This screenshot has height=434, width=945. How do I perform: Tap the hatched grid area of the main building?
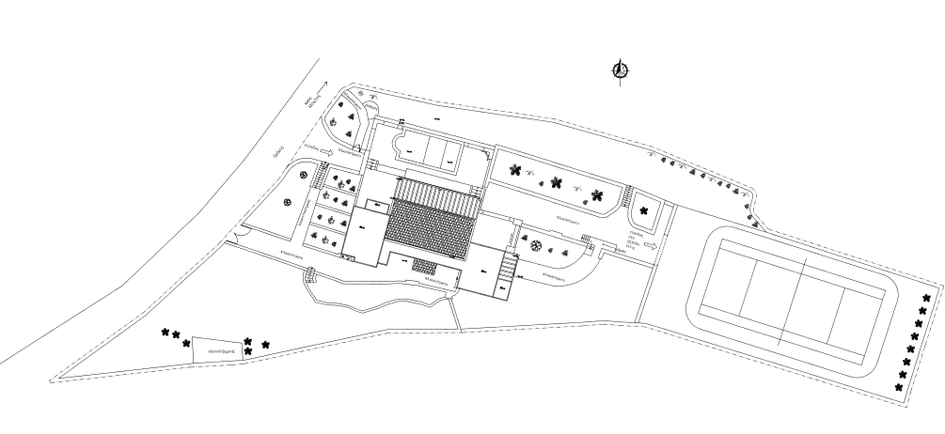pyautogui.click(x=432, y=227)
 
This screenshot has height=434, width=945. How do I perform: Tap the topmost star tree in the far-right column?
pyautogui.click(x=925, y=299)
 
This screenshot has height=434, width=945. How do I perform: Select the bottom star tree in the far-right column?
pyautogui.click(x=900, y=387)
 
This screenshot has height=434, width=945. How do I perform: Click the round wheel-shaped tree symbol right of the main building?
pyautogui.click(x=536, y=246)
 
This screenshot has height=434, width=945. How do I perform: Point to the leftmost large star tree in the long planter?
pyautogui.click(x=514, y=170)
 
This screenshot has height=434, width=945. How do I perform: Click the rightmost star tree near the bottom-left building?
pyautogui.click(x=266, y=345)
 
